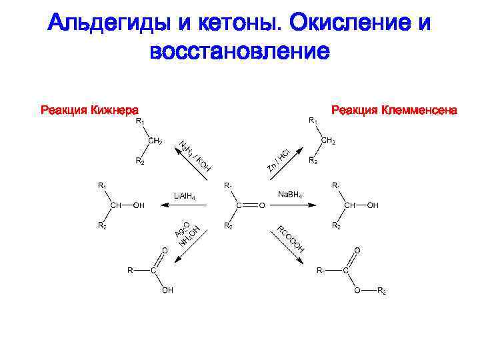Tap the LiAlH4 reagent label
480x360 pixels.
(185, 196)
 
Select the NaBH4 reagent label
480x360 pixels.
(290, 194)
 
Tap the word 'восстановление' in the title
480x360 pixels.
(240, 51)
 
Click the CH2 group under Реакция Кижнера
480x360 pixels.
(155, 141)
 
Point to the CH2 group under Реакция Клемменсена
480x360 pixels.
(328, 141)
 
